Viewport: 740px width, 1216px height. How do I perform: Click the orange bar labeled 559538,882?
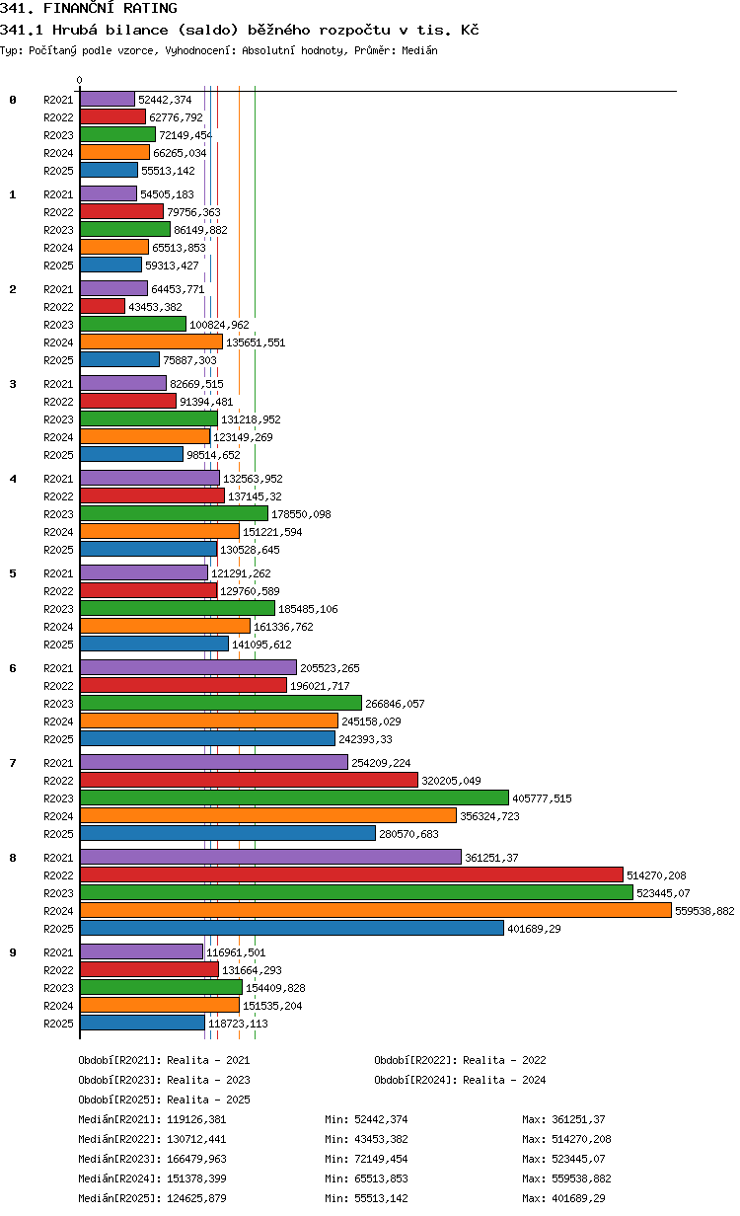tap(376, 910)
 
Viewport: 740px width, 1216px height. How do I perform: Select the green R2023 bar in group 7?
tap(295, 798)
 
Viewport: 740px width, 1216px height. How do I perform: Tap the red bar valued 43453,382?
tap(103, 306)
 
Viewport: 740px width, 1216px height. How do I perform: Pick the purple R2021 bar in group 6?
tap(188, 667)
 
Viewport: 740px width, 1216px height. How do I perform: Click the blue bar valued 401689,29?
tap(292, 928)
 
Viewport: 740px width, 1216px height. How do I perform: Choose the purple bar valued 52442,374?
tap(108, 99)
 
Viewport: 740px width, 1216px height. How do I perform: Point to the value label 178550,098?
tap(301, 514)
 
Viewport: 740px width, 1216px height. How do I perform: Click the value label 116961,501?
tap(236, 952)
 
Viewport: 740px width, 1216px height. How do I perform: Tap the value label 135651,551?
tap(256, 342)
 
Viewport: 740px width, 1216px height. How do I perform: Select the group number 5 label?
tap(13, 573)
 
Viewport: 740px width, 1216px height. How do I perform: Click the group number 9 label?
tap(13, 952)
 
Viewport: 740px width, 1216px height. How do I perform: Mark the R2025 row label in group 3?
tap(58, 455)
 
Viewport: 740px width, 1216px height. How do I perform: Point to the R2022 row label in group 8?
tap(58, 875)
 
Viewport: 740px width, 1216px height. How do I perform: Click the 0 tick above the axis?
tap(80, 80)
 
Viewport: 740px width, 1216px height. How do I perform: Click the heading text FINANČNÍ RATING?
tap(111, 8)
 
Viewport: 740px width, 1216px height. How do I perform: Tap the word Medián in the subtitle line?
tap(419, 50)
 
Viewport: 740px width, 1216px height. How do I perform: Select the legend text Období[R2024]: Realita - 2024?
tap(460, 1080)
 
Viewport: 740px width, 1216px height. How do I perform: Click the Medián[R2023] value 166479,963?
tap(196, 1159)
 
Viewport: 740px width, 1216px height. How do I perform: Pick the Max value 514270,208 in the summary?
tap(581, 1139)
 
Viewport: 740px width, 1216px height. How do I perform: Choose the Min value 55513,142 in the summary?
tap(381, 1198)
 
